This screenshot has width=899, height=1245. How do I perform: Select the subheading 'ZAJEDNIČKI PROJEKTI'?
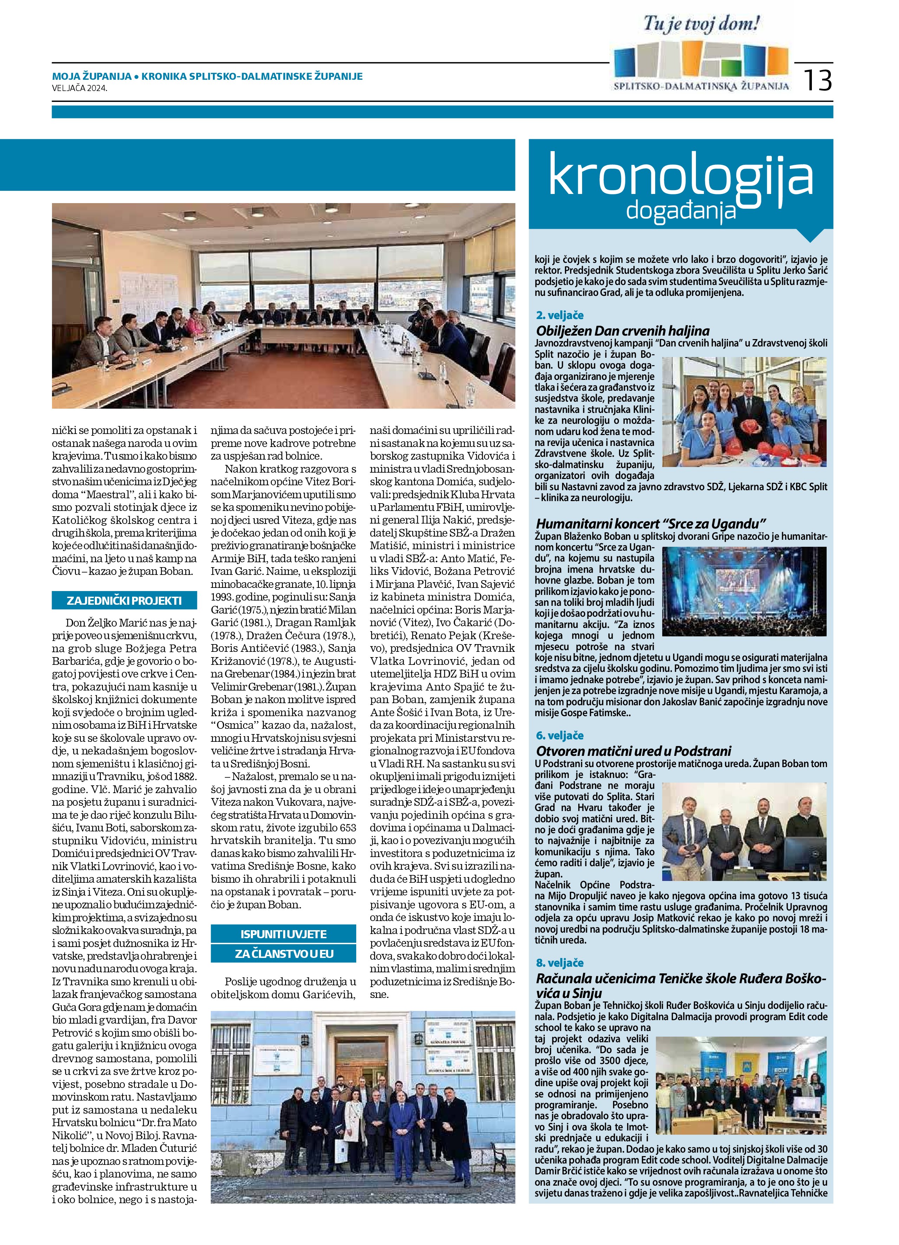pyautogui.click(x=124, y=601)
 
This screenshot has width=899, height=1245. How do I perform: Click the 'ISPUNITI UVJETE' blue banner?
pyautogui.click(x=283, y=934)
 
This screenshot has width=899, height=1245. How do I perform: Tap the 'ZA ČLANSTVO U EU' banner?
pyautogui.click(x=283, y=953)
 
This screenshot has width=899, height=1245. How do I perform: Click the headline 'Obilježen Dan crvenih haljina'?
pyautogui.click(x=623, y=330)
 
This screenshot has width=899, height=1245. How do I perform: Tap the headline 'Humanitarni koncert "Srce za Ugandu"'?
pyautogui.click(x=651, y=523)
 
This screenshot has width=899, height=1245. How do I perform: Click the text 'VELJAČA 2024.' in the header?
pyautogui.click(x=80, y=88)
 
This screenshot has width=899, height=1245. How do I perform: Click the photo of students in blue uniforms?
pyautogui.click(x=744, y=412)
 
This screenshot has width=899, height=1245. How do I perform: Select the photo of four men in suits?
pyautogui.click(x=744, y=823)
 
